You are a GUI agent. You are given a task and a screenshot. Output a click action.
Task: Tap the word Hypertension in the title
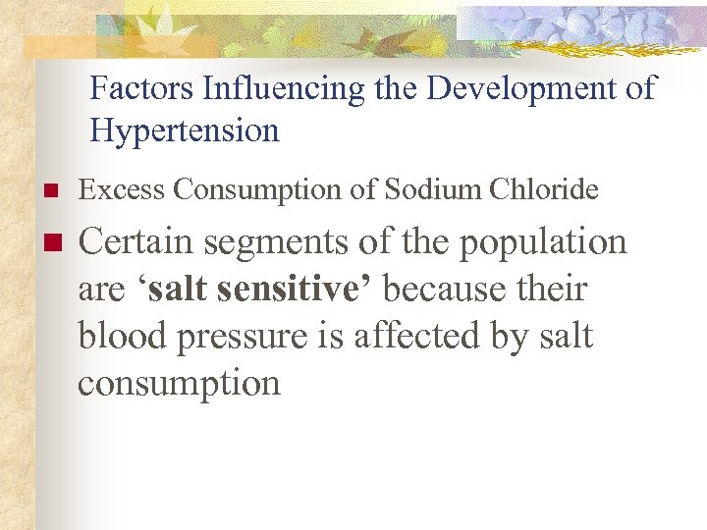(x=185, y=131)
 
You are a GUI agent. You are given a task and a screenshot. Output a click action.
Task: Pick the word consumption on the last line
(x=179, y=384)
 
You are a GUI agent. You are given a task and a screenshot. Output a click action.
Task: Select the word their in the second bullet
(x=556, y=290)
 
